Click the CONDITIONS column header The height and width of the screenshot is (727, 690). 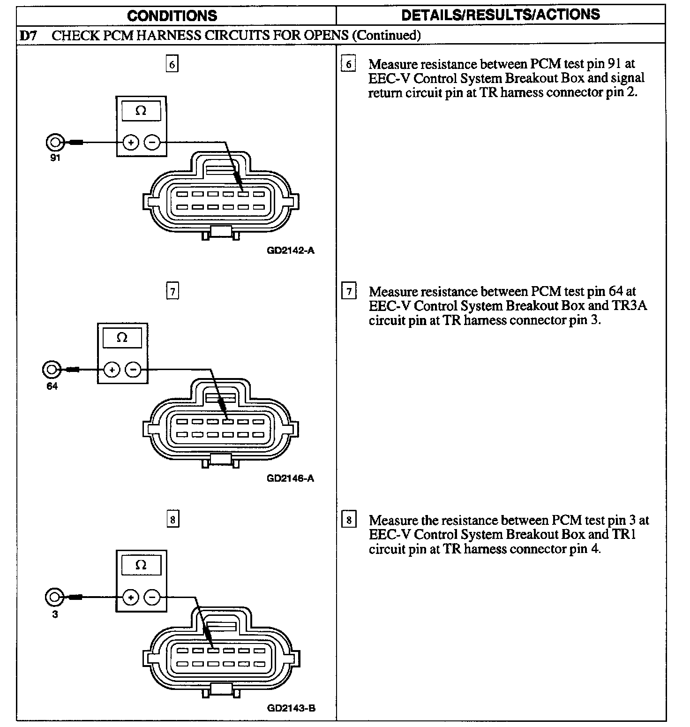[x=172, y=15]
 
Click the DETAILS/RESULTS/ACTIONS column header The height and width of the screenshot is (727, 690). [x=500, y=15]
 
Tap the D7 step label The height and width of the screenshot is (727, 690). [x=29, y=35]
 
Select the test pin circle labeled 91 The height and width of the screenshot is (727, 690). [x=54, y=142]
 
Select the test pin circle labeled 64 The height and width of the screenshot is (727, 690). [x=51, y=370]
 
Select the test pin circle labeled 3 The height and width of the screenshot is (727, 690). [x=54, y=597]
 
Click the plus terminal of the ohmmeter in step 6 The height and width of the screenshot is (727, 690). [x=131, y=142]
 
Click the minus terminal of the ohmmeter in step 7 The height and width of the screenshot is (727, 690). [x=133, y=370]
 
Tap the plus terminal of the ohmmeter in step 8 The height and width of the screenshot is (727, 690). [x=131, y=597]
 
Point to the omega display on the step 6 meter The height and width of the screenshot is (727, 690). [x=141, y=111]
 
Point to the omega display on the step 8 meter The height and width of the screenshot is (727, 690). [x=141, y=566]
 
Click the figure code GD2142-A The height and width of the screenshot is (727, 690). [x=291, y=250]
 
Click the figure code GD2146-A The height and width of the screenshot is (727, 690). [x=291, y=478]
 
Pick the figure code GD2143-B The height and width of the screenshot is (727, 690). [x=291, y=708]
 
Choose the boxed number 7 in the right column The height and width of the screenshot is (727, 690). [x=349, y=292]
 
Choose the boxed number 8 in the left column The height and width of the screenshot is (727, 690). [x=172, y=520]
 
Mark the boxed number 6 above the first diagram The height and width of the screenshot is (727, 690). [x=172, y=64]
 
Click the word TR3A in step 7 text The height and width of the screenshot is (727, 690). [x=630, y=306]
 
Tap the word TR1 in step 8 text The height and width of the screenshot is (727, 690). [x=623, y=534]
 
